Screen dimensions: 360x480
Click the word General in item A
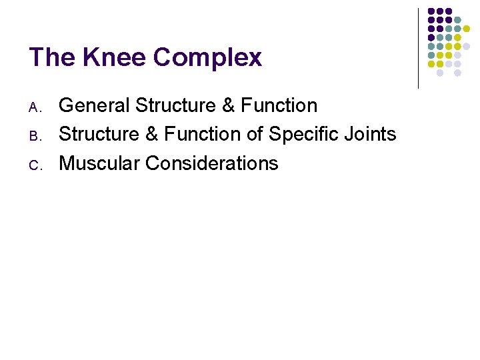pos(94,105)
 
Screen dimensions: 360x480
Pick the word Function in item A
pos(279,105)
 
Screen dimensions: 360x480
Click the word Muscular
pos(99,163)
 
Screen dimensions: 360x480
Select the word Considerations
pos(212,163)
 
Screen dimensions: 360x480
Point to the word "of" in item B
pos(255,134)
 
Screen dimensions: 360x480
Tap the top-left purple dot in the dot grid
pos(431,11)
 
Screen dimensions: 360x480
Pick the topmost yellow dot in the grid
pos(466,29)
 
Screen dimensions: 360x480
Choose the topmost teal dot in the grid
pos(457,20)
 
